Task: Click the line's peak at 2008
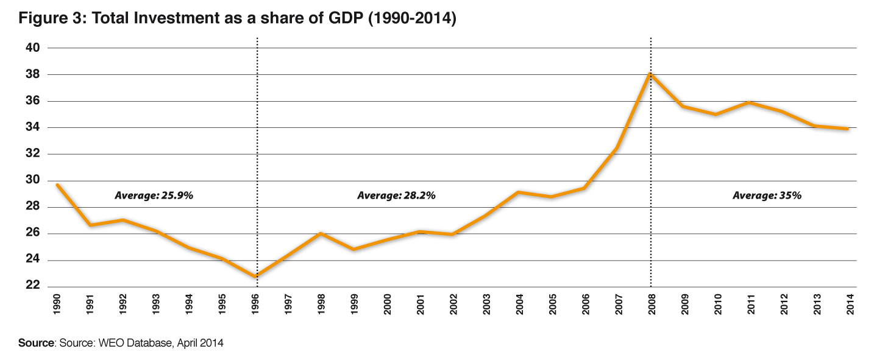[x=650, y=74]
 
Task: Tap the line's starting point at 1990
[x=57, y=185]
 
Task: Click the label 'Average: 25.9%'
[x=154, y=196]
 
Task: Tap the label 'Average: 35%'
[x=766, y=196]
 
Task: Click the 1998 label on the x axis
[x=321, y=303]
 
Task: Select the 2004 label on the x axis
[x=519, y=303]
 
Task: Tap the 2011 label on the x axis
[x=750, y=303]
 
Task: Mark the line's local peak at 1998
[x=321, y=233]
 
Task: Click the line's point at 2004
[x=519, y=192]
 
